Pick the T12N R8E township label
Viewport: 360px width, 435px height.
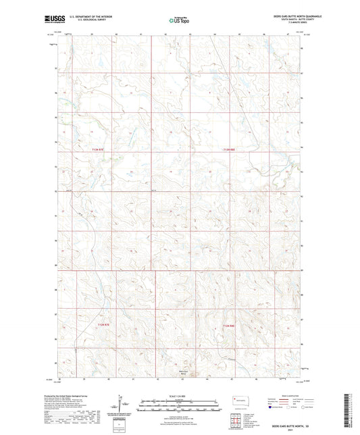228,326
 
